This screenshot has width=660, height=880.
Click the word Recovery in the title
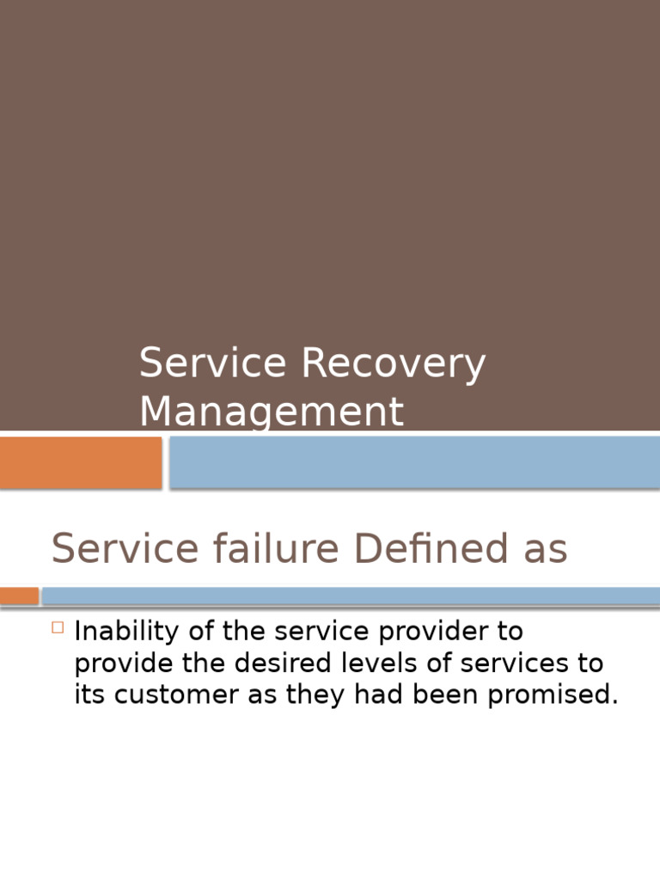coord(393,364)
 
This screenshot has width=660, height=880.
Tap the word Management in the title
coord(271,412)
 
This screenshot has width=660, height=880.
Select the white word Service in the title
coord(212,363)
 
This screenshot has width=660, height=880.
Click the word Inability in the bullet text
coord(126,632)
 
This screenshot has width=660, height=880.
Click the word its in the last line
coord(89,695)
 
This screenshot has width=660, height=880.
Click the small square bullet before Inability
coord(58,627)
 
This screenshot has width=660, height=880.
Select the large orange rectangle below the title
coord(80,462)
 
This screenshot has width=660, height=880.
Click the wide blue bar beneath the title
coord(414,462)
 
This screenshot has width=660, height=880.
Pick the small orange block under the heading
coord(19,596)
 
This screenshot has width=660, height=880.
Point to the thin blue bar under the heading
coord(351,596)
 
